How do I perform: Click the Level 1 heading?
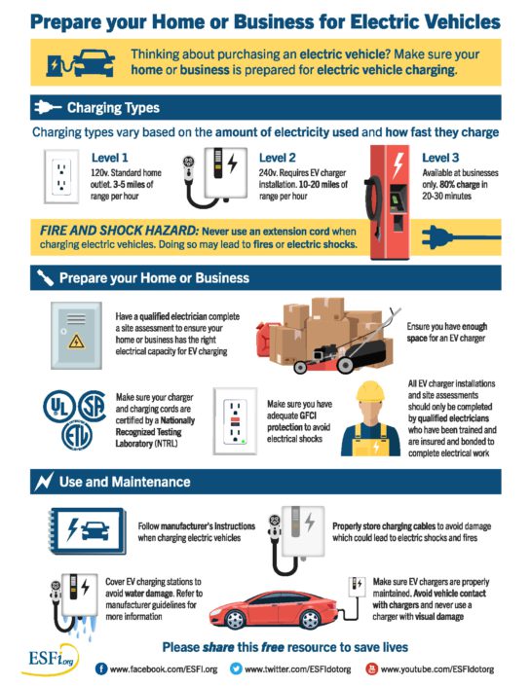coord(109,158)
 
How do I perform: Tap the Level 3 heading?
coord(440,158)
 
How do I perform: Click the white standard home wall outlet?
coord(61,176)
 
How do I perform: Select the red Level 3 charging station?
coord(389,202)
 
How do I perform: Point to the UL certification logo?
coord(58,407)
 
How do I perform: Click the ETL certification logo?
coord(77,436)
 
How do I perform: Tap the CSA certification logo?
coord(92,406)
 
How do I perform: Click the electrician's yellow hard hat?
coord(370,391)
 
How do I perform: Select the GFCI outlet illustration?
coord(235,421)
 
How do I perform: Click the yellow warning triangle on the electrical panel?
coord(76,341)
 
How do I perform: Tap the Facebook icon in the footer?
coord(101,668)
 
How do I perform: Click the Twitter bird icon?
coord(236,668)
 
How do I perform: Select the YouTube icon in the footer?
coord(371,668)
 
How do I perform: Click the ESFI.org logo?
coord(51,660)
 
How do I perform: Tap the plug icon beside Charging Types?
coord(48,107)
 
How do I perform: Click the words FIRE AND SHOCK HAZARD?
coord(119,231)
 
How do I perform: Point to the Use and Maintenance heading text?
coord(125,482)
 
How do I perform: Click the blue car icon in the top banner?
coord(94,63)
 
